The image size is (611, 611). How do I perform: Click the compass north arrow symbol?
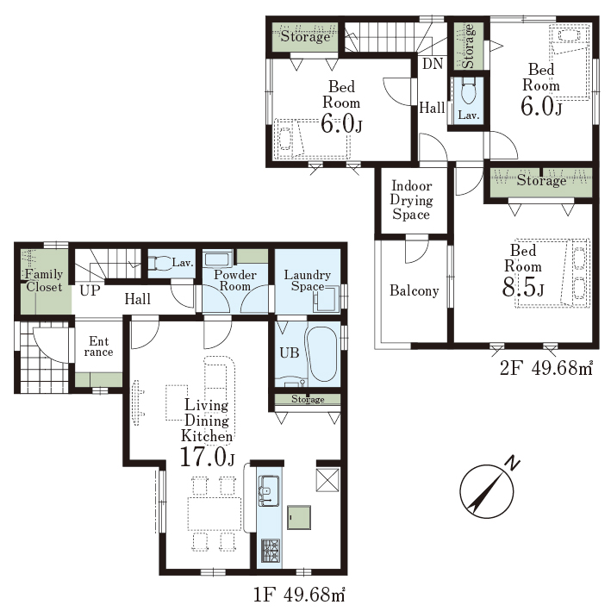click(487, 491)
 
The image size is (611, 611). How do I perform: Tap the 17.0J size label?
click(208, 456)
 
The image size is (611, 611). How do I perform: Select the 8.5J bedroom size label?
click(523, 287)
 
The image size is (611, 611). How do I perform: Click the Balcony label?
click(415, 290)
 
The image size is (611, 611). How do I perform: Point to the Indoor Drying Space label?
click(411, 200)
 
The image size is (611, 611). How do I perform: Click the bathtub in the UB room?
click(321, 353)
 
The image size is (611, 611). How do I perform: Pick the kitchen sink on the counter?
click(269, 490)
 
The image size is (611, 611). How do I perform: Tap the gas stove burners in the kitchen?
click(270, 550)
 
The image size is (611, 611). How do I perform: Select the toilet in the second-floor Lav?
click(468, 91)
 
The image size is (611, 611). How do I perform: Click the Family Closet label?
click(44, 281)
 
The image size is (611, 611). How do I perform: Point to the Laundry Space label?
click(308, 280)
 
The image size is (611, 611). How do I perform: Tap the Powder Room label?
click(235, 280)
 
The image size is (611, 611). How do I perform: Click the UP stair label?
click(90, 290)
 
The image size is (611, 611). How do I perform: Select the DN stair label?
click(433, 63)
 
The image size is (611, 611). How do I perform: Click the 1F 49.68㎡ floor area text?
click(299, 595)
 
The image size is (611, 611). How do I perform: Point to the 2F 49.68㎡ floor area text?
click(546, 367)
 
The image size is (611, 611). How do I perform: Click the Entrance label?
click(98, 346)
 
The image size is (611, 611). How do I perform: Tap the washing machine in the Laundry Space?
click(327, 299)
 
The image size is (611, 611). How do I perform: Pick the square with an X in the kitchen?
click(327, 480)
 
